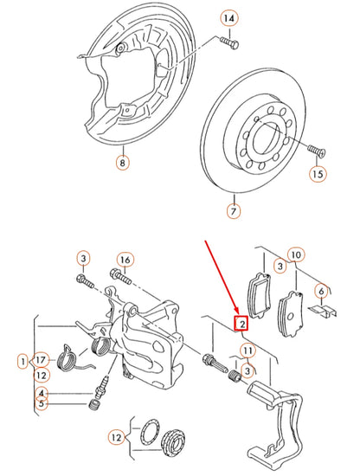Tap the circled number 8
click(122, 161)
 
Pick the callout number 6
click(321, 291)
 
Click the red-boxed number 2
click(242, 325)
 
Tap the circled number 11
click(248, 350)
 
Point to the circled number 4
click(40, 395)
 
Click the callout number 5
click(40, 404)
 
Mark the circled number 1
click(21, 359)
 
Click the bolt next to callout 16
click(121, 278)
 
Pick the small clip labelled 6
click(323, 308)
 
